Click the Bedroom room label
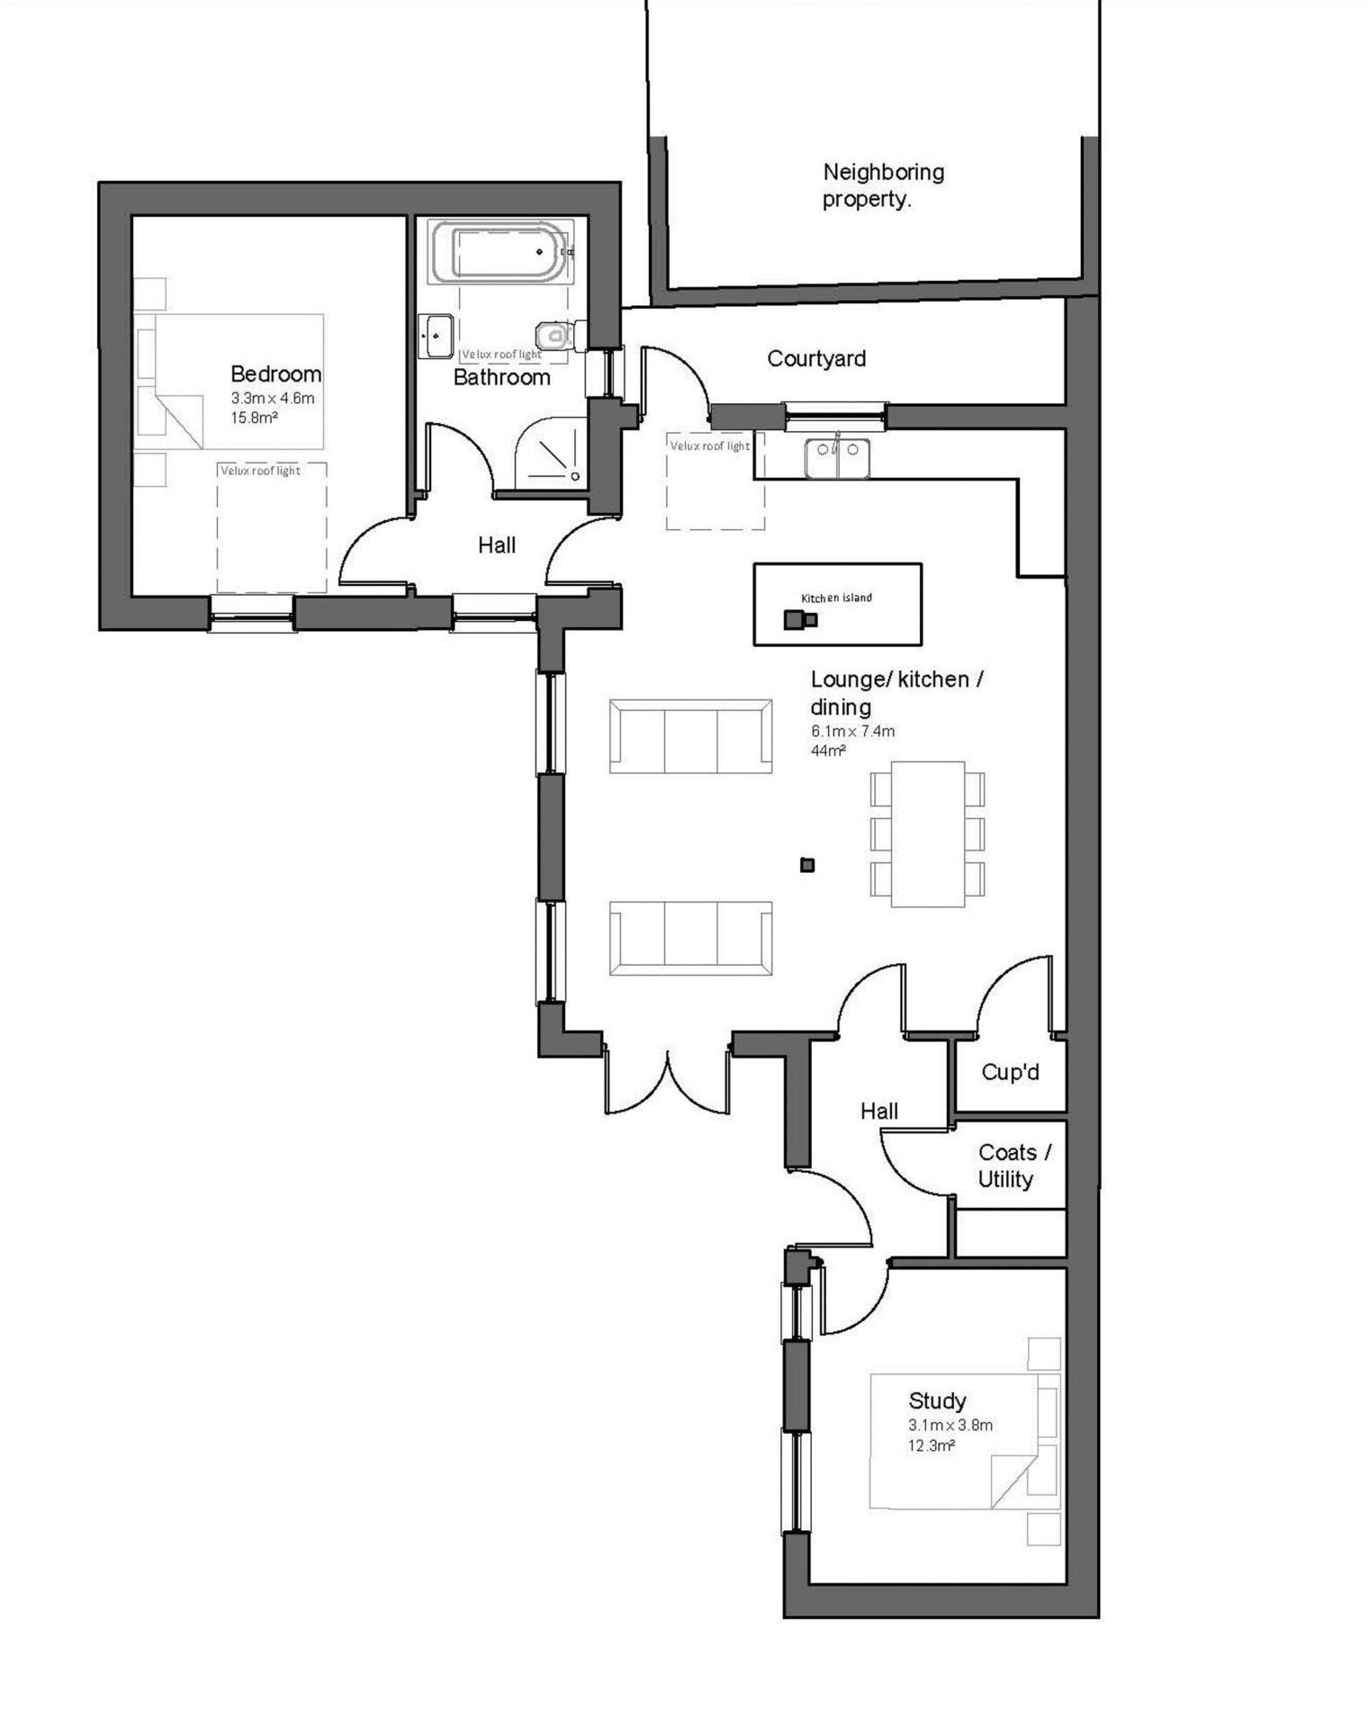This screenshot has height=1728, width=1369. point(275,373)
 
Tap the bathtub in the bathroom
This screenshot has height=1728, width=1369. point(500,252)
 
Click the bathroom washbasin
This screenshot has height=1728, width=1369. point(437,336)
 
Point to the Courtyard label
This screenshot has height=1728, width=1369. point(816,358)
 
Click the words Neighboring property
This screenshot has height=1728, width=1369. point(883,184)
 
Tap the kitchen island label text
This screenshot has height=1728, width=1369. point(836,598)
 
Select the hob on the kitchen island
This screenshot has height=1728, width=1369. point(800,619)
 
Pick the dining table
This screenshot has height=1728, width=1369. point(928,834)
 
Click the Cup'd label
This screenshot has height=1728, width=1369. point(1010,1072)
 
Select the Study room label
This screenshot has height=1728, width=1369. point(937,1400)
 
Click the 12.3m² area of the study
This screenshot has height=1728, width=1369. point(931,1445)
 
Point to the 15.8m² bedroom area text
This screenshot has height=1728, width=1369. point(254,418)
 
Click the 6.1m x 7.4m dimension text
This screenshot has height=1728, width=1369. point(852,731)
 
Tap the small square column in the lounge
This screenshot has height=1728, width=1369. point(807,865)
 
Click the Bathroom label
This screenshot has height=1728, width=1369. point(501,377)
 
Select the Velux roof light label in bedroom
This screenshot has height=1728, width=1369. point(260,471)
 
